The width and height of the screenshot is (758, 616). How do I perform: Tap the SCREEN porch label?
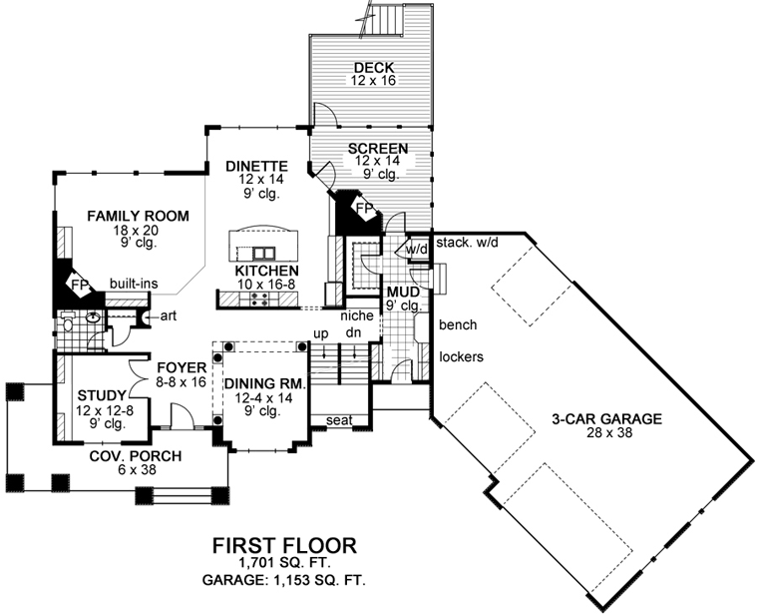click(x=377, y=149)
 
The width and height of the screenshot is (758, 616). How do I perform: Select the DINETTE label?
click(x=256, y=166)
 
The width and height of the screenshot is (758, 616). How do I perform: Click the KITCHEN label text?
click(x=266, y=271)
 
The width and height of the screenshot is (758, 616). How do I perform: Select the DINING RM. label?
click(x=262, y=383)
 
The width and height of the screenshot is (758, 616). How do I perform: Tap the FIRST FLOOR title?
click(x=283, y=546)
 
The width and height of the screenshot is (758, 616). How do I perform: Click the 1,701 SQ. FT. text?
click(x=283, y=564)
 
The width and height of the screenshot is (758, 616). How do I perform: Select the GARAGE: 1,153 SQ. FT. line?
click(x=283, y=580)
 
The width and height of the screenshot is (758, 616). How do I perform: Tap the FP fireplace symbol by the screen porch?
click(x=365, y=211)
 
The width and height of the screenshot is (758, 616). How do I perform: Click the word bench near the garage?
click(x=457, y=325)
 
